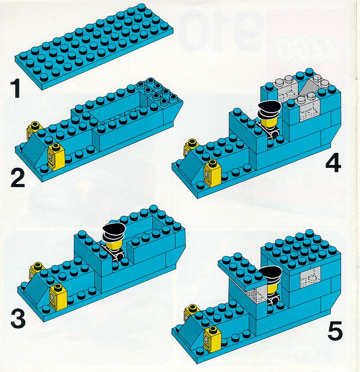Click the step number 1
pos(16,89)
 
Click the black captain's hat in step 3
pos(114,232)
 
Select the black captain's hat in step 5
pos(270,275)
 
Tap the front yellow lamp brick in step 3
pos(58,297)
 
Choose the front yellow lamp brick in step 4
pos(212,174)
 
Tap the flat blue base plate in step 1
pos(94,47)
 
